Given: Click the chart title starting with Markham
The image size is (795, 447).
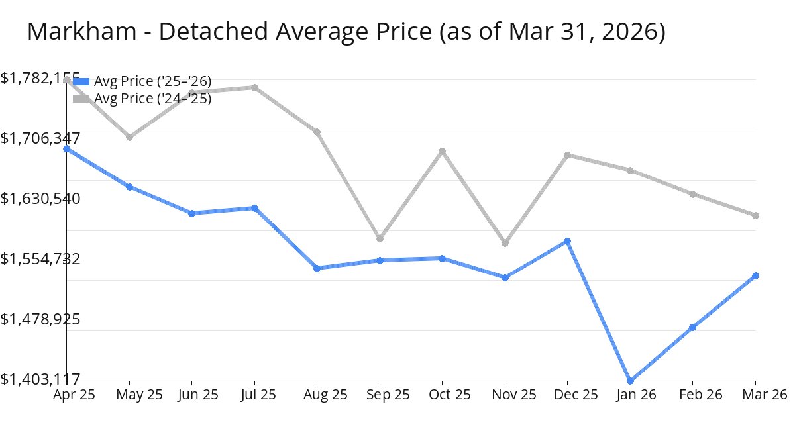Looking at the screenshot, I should [x=346, y=32].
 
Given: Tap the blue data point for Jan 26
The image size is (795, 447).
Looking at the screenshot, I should [x=630, y=381].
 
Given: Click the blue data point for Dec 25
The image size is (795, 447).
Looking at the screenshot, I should [x=568, y=241].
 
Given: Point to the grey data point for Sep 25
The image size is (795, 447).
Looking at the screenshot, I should [x=380, y=238].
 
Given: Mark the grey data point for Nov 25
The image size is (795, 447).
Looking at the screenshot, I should [x=505, y=243].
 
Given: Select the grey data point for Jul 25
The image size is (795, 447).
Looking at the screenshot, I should [x=254, y=87].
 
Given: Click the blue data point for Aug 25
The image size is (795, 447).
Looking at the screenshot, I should [x=317, y=268].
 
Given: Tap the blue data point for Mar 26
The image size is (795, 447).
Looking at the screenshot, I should [x=755, y=275].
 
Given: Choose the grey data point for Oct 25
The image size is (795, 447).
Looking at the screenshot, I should [x=443, y=151].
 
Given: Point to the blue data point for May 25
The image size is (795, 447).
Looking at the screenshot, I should [x=130, y=187].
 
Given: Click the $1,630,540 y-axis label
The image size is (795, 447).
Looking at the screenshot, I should [x=40, y=199].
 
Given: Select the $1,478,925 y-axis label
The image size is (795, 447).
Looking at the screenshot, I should [x=40, y=319].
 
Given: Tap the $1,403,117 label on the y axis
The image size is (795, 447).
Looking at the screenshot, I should [x=40, y=379].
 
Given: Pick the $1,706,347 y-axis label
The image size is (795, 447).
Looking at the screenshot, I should [x=40, y=138].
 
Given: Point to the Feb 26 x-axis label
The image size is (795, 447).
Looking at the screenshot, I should [x=692, y=395].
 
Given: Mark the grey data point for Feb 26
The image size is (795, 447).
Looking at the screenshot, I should [x=692, y=194].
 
